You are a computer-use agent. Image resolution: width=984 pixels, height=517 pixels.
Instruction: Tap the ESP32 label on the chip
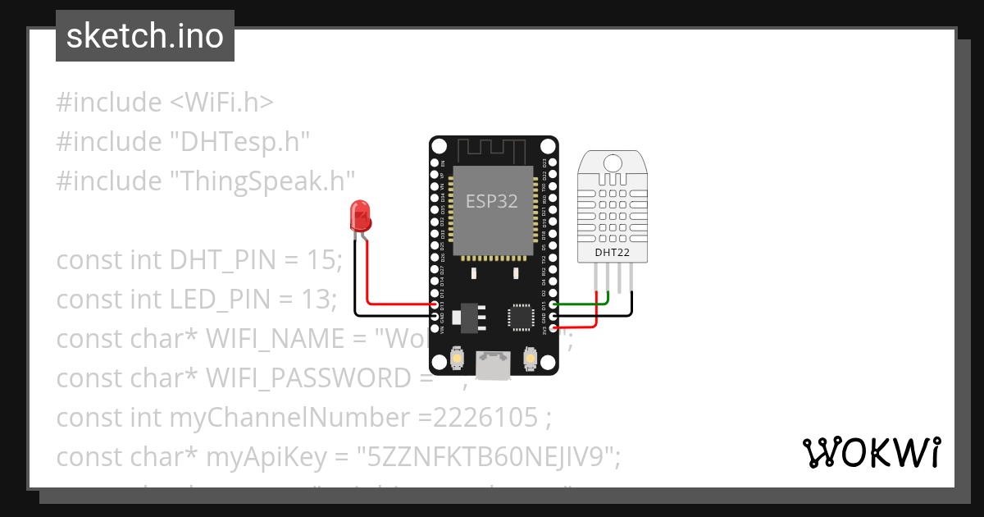[x=492, y=201]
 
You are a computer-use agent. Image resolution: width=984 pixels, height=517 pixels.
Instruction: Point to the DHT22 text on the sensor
[x=613, y=253]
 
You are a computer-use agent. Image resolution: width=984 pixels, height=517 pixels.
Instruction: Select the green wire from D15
[x=582, y=304]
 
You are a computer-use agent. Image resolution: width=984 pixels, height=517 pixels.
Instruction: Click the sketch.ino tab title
[x=145, y=36]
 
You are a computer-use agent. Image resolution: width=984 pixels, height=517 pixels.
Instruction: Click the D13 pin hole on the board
[x=435, y=304]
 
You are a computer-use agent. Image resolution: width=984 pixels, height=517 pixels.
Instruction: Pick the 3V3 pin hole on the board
[x=553, y=328]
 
